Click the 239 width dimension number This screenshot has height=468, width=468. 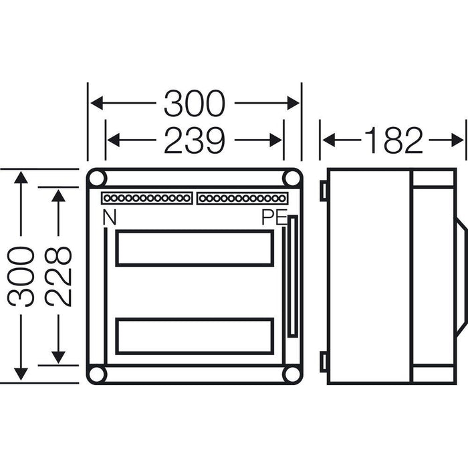click(x=194, y=140)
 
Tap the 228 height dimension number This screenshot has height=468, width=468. click(x=60, y=276)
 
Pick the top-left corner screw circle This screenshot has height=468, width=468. click(x=98, y=179)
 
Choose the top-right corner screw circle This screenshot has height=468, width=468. click(x=291, y=179)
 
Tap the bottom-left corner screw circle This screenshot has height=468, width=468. click(x=98, y=374)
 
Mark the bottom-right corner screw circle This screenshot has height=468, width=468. click(x=291, y=374)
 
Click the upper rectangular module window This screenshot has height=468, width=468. click(x=194, y=249)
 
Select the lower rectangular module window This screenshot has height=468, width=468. click(x=194, y=336)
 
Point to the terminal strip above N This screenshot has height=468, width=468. click(x=146, y=199)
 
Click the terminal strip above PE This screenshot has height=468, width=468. click(x=243, y=199)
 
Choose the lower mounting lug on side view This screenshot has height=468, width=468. click(x=323, y=362)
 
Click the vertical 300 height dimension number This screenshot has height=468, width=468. click(x=23, y=276)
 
